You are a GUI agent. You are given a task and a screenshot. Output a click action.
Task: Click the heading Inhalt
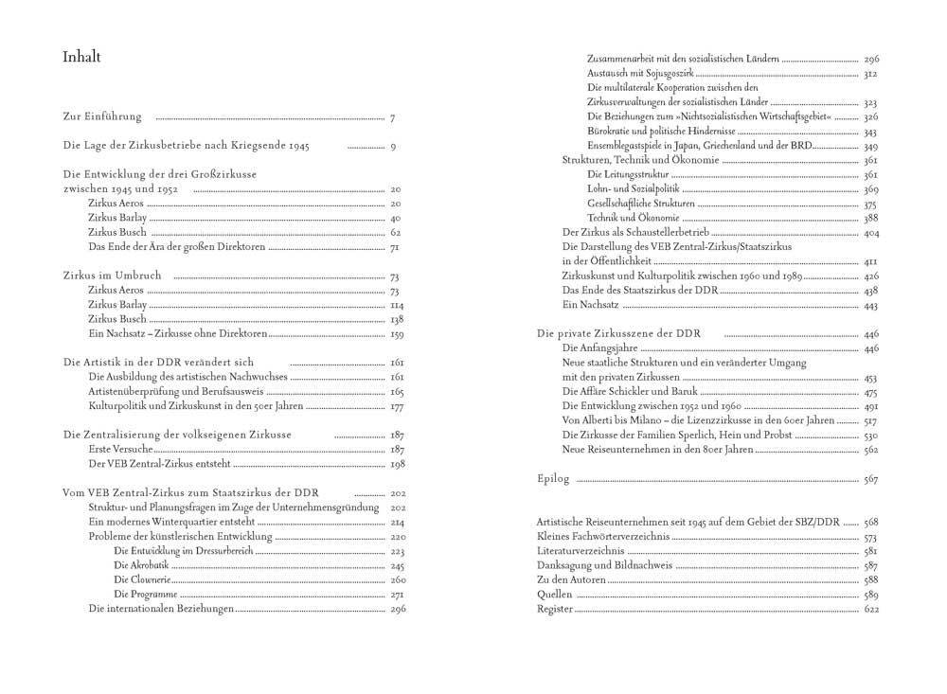click(81, 58)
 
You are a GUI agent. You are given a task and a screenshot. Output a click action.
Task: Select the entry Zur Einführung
click(102, 117)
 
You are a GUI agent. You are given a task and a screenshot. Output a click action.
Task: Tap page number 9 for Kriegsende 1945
click(392, 147)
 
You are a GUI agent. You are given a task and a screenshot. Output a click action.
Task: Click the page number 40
click(396, 219)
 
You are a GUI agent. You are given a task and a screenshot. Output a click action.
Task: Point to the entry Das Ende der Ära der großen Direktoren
click(177, 247)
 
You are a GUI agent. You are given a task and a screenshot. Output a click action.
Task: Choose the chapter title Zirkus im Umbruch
click(112, 276)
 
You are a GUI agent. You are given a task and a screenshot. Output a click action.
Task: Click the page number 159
click(397, 334)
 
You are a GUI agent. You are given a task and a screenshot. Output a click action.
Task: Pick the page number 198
click(397, 465)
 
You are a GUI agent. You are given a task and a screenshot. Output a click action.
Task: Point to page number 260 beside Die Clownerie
click(397, 579)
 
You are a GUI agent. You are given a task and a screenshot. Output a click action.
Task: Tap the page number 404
click(871, 232)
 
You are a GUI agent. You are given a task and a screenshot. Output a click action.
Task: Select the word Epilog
click(553, 479)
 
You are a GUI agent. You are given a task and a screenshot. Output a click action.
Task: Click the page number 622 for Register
click(871, 609)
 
